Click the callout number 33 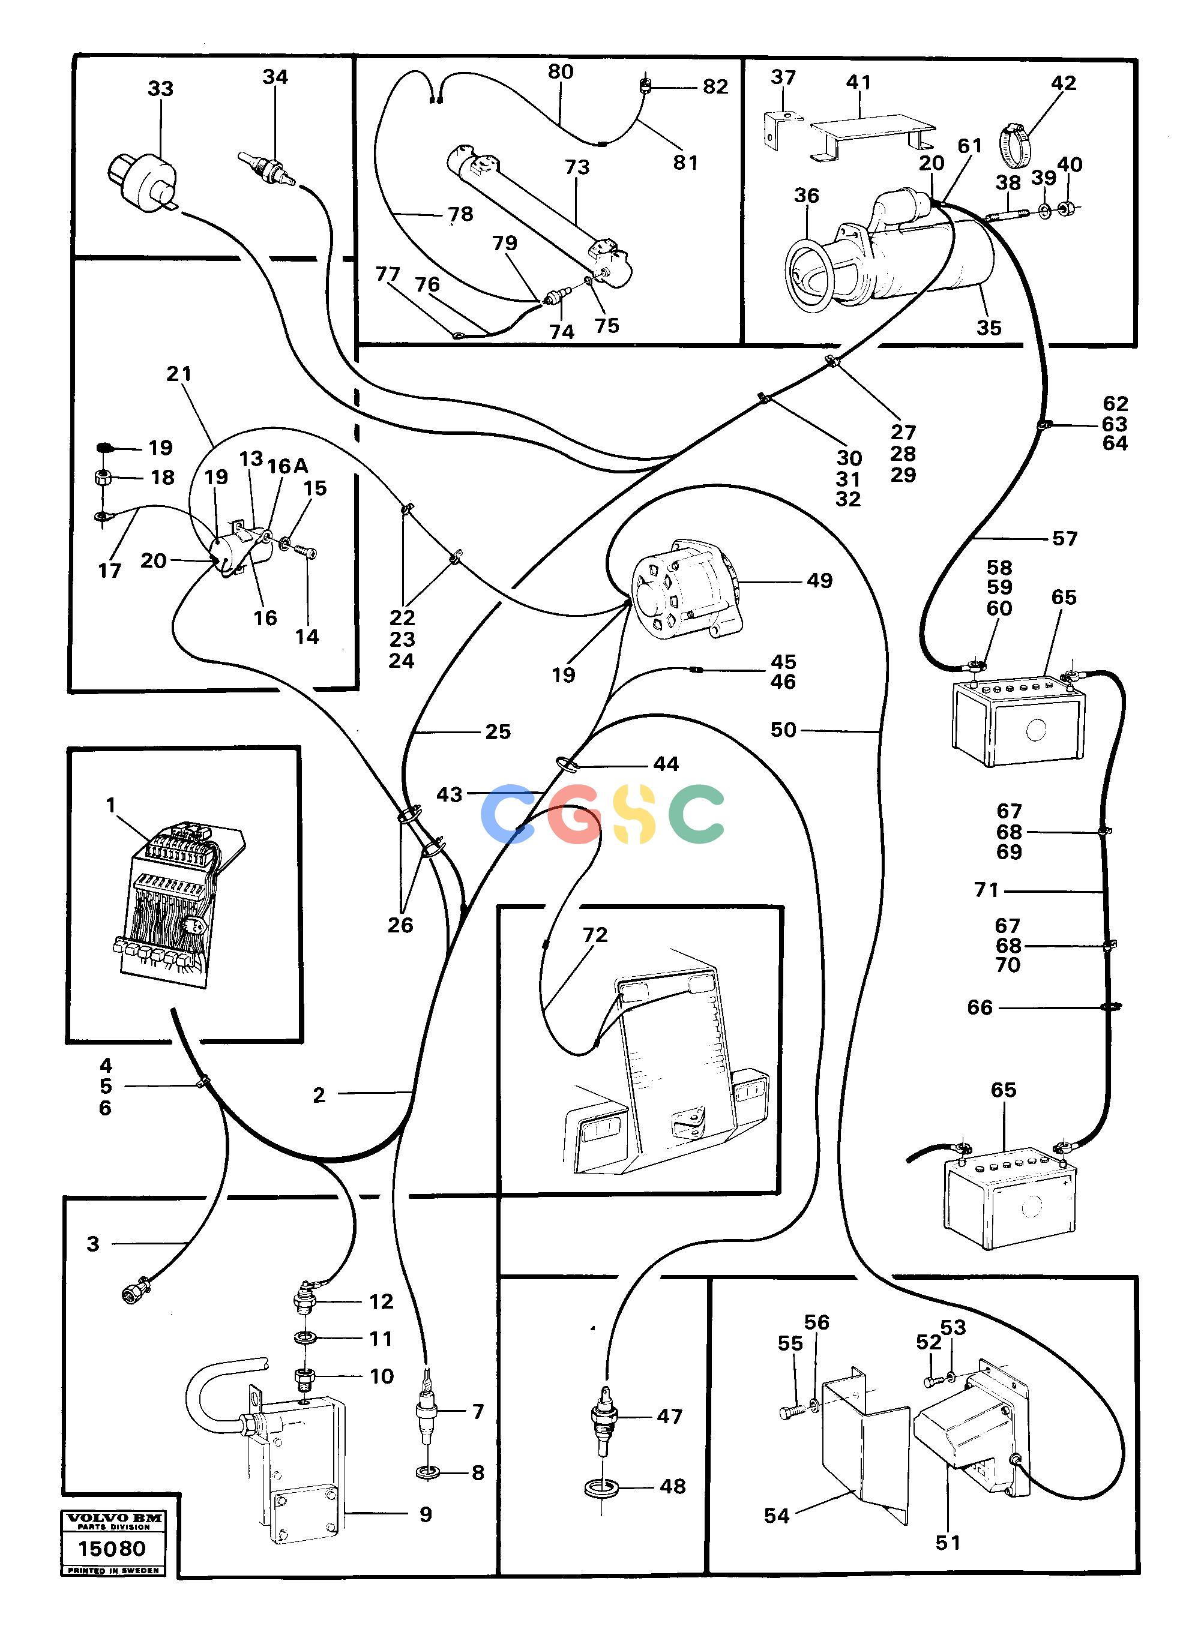click(x=160, y=89)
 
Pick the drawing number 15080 click(x=112, y=1547)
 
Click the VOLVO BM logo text click(x=113, y=1518)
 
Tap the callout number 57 click(x=1065, y=538)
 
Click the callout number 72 click(x=595, y=935)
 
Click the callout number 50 click(x=783, y=730)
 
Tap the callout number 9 click(x=426, y=1514)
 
